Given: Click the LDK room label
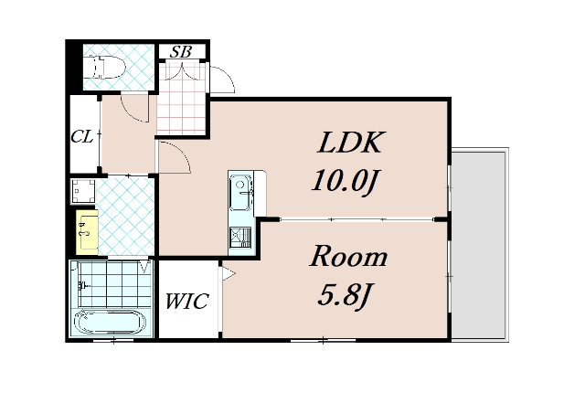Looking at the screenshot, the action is (x=349, y=143).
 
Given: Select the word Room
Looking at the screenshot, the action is (x=348, y=257).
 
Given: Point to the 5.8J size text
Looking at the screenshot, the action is (x=346, y=294).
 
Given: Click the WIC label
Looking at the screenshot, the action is (x=186, y=302).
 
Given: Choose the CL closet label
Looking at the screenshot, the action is (x=82, y=137).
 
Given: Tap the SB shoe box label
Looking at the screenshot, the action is (x=181, y=52).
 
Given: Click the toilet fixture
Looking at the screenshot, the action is (x=104, y=67).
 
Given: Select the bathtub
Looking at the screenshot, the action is (x=111, y=322).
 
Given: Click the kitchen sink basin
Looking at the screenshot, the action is (x=239, y=193).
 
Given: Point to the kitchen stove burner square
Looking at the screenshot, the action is (x=239, y=238).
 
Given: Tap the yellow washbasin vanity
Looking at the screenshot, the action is (x=87, y=232).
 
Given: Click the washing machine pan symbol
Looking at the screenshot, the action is (x=83, y=191).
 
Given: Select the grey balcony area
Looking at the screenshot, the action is (x=479, y=245).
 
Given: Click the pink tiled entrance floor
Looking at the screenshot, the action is (x=181, y=99).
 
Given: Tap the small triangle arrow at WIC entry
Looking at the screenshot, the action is (x=229, y=274).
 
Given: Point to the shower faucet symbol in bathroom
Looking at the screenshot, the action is (x=83, y=286).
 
